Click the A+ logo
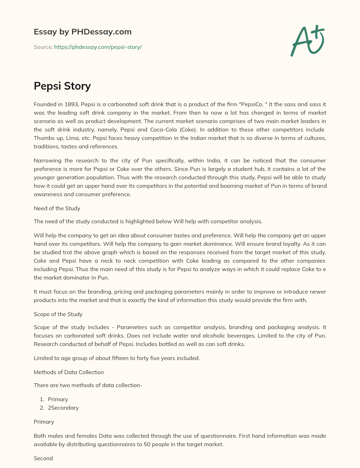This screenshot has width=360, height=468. coord(308,41)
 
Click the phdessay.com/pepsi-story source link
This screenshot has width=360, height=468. coord(98,47)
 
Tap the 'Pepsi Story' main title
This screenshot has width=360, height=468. coord(62,86)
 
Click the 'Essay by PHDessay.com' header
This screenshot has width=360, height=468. coord(83,32)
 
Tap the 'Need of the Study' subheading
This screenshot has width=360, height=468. coord(57,208)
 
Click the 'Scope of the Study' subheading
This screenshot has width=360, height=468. coord(58,314)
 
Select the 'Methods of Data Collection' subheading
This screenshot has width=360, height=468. coord(69,372)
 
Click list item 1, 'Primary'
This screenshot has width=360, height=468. coord(58,399)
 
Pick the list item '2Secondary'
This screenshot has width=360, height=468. coord(63,408)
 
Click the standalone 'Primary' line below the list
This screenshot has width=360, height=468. coord(44,422)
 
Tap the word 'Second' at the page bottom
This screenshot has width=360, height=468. coord(43,458)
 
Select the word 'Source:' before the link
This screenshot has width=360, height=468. coord(43,47)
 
